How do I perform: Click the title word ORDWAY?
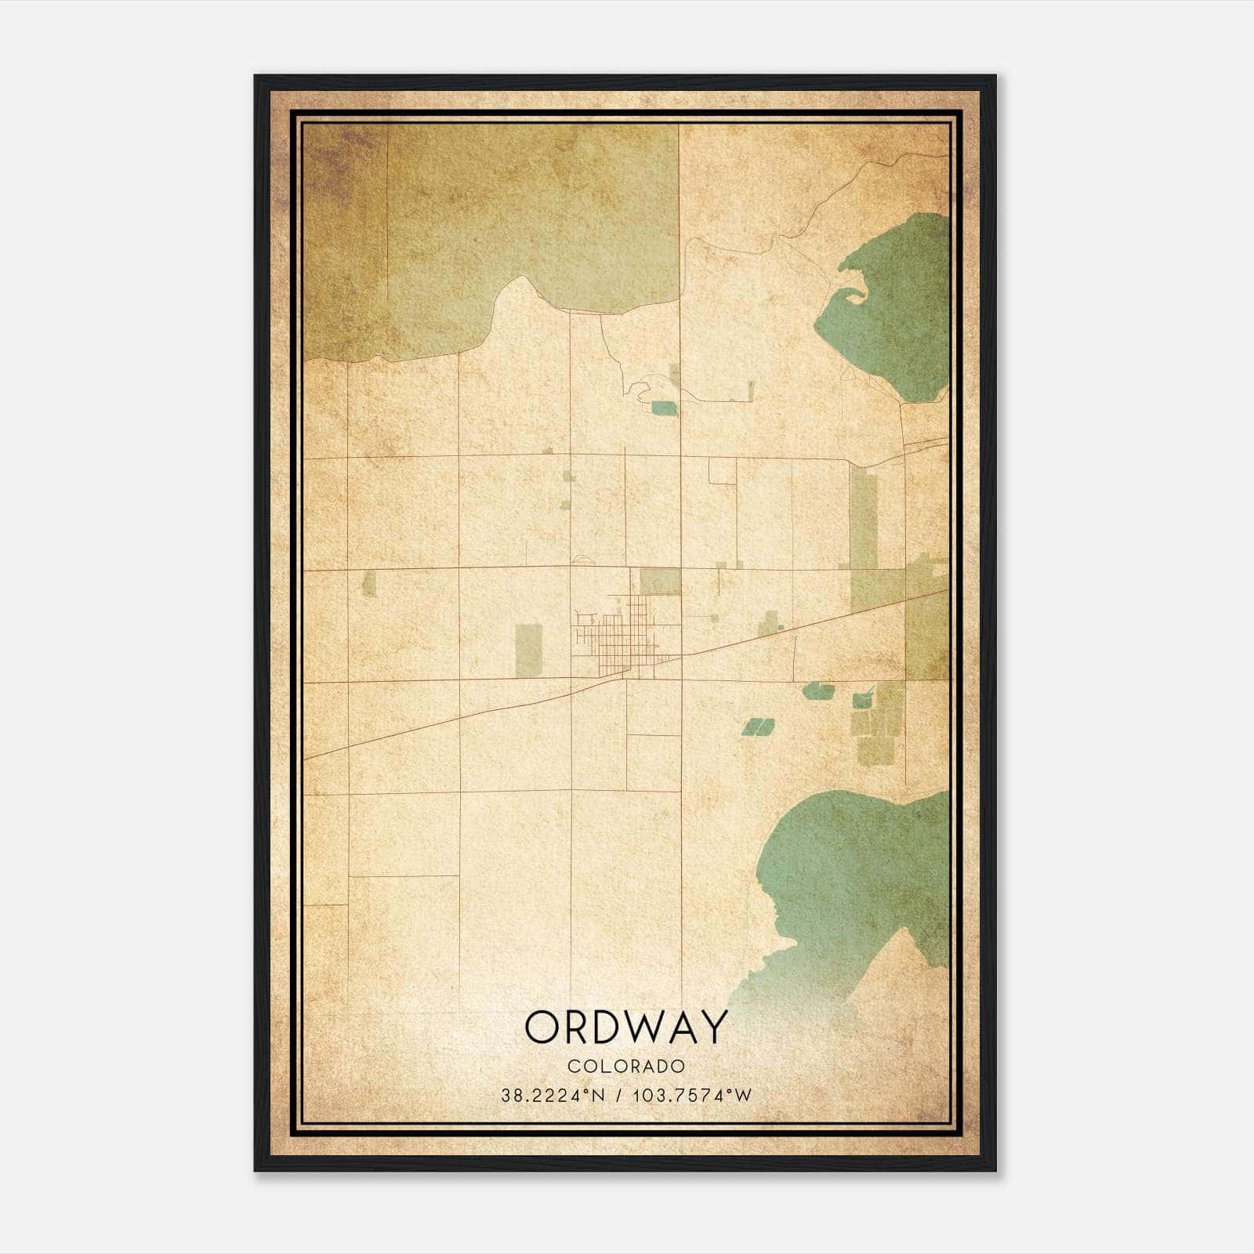(x=626, y=1027)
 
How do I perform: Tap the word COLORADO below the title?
(x=626, y=1067)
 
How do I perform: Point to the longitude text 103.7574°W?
(x=691, y=1096)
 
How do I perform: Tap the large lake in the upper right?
(x=893, y=313)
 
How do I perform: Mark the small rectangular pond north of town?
(x=663, y=408)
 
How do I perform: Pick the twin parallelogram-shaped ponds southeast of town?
(x=757, y=727)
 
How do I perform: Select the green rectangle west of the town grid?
(x=528, y=650)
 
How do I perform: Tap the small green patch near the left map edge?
(x=368, y=584)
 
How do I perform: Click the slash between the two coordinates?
(x=619, y=1096)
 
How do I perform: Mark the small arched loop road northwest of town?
(x=583, y=560)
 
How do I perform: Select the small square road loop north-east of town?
(x=722, y=471)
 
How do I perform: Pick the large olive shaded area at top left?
(x=470, y=227)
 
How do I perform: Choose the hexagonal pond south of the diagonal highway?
(x=819, y=690)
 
